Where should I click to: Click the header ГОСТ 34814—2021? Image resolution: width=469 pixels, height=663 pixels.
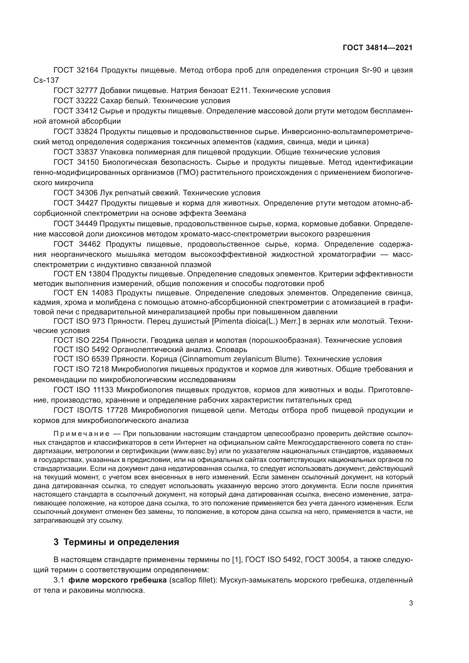click(x=377, y=48)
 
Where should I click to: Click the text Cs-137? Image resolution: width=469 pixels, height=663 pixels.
click(x=46, y=80)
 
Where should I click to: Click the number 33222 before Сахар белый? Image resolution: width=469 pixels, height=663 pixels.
click(x=87, y=101)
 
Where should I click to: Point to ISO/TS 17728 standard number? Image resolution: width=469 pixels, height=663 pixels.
click(x=104, y=410)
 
